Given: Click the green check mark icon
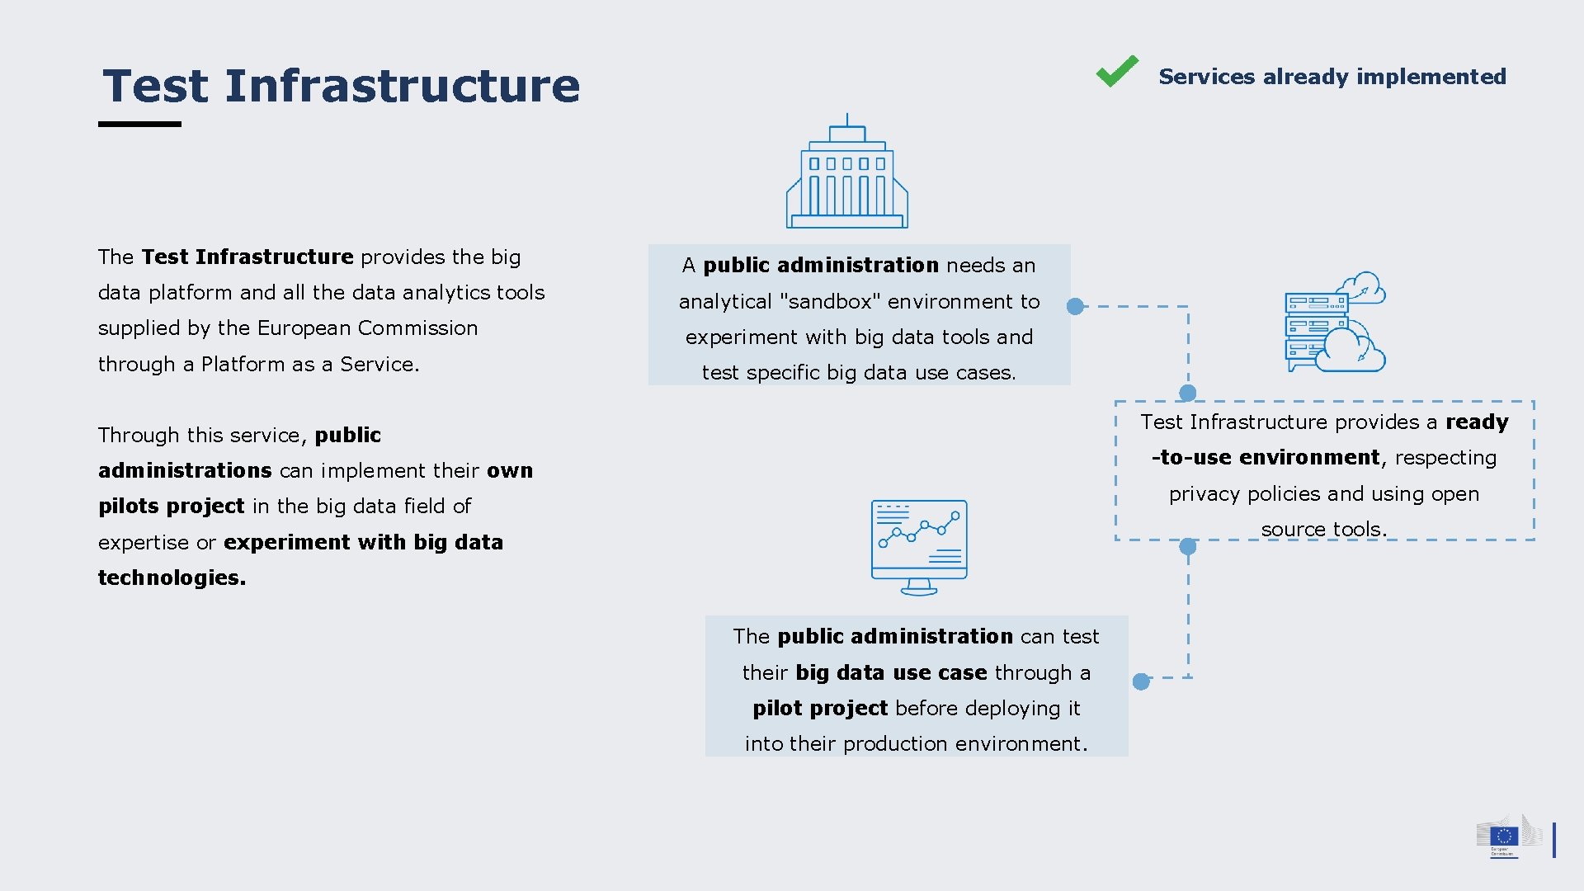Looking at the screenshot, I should tap(1117, 72).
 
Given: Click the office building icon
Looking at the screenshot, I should tap(847, 173).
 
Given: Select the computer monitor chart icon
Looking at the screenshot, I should tap(919, 546).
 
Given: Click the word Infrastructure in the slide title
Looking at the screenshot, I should tap(402, 86).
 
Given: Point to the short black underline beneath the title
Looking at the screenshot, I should tap(139, 125).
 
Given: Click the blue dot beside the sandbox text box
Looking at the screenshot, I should tap(1075, 307).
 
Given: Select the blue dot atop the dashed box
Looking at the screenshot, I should tap(1188, 393).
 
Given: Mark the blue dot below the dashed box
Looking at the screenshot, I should tap(1188, 546).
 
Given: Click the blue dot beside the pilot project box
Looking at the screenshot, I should tap(1141, 681).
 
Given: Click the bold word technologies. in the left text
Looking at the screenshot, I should tap(172, 577).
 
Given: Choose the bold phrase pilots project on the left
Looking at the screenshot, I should tap(172, 506).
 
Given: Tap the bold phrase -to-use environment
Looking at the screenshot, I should tap(1266, 458).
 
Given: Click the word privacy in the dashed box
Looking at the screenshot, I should tap(1204, 494).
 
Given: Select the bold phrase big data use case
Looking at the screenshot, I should tap(891, 673).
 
